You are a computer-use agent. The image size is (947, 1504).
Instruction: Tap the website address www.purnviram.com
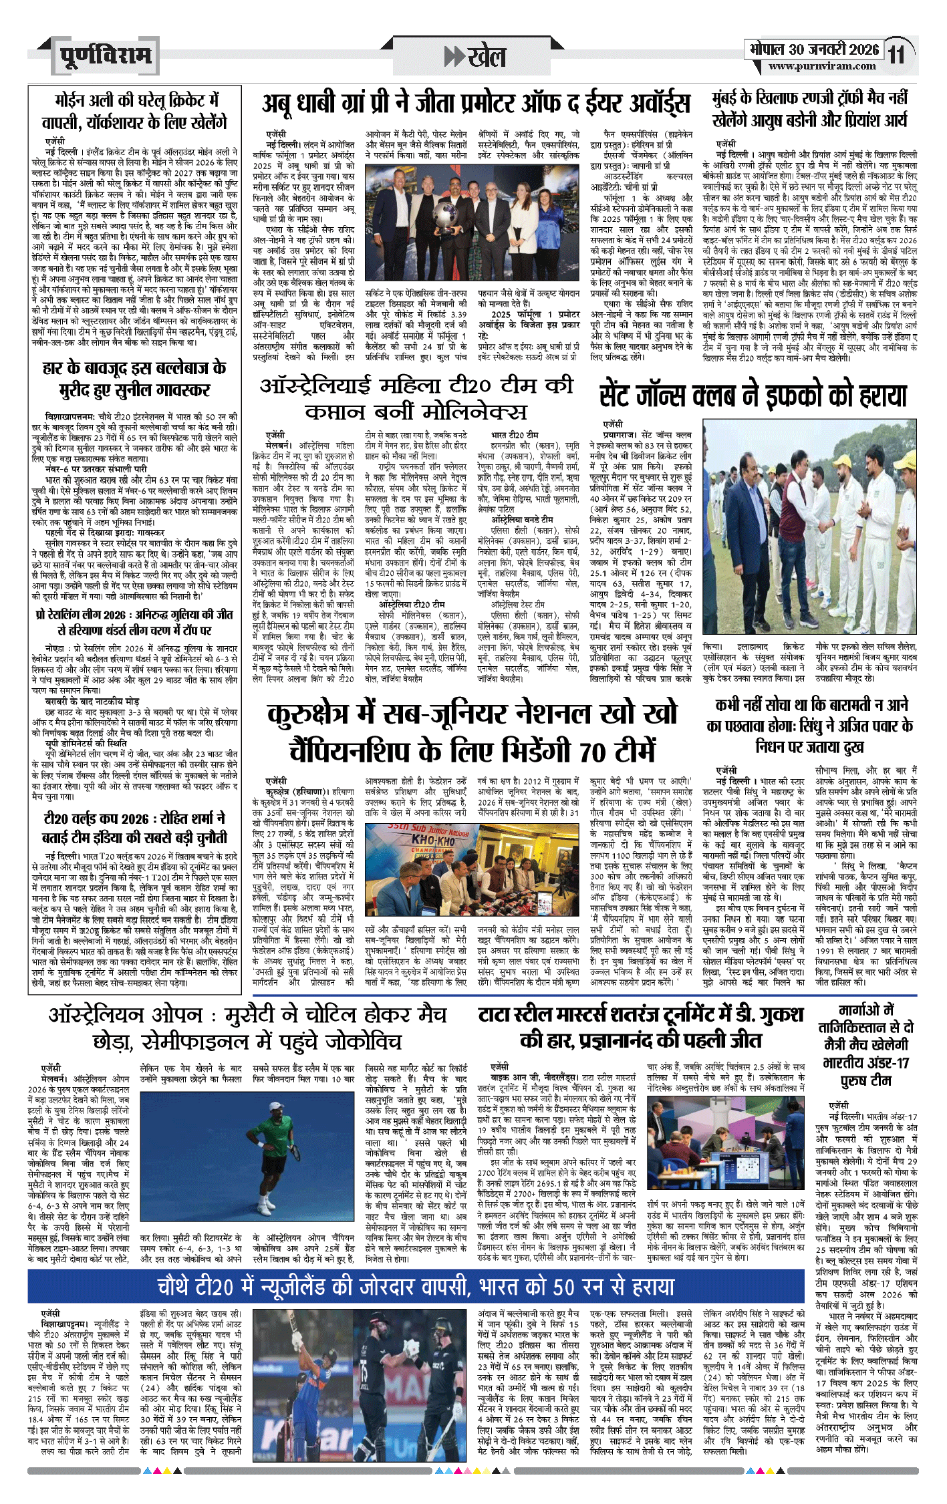(x=821, y=66)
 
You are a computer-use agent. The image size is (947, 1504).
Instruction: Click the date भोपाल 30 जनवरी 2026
(x=813, y=49)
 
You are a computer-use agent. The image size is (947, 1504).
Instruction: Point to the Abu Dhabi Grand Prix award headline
(x=476, y=104)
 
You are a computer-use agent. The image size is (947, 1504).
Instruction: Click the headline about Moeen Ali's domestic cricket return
(x=134, y=112)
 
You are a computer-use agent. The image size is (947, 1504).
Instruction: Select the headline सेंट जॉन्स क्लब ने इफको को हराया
(x=753, y=395)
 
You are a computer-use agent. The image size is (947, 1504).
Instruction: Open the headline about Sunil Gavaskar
(x=134, y=379)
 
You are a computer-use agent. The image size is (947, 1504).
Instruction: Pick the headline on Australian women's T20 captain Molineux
(x=416, y=398)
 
